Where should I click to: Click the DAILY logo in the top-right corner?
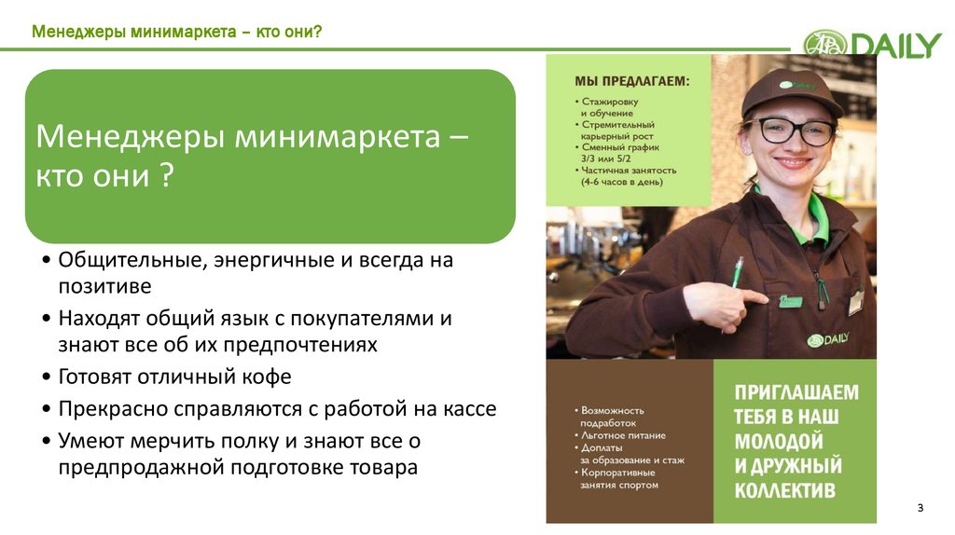[872, 44]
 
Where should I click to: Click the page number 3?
[920, 507]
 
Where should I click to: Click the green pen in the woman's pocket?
[737, 271]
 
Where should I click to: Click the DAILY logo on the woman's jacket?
[827, 339]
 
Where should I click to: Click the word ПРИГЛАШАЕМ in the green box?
[796, 391]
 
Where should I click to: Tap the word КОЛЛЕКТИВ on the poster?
[784, 489]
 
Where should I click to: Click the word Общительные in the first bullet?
[126, 260]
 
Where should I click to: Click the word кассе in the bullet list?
[465, 408]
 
